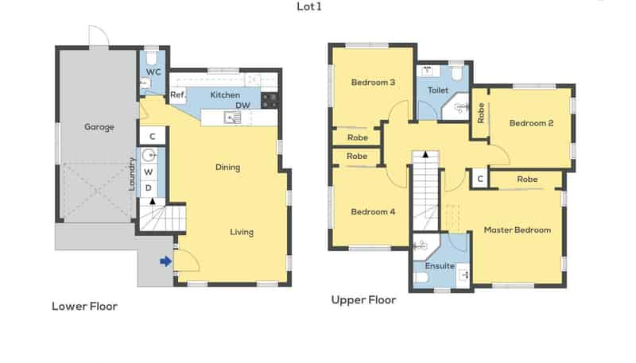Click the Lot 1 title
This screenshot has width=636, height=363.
click(x=309, y=7)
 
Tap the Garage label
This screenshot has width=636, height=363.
click(x=99, y=126)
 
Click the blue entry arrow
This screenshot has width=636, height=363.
click(x=165, y=261)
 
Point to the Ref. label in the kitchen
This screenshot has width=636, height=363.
click(x=177, y=95)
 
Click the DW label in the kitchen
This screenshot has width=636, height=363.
click(x=242, y=105)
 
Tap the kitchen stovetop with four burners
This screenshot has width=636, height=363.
click(x=270, y=100)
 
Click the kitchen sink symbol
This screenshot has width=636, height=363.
click(x=232, y=118)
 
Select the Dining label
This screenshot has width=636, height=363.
click(x=227, y=167)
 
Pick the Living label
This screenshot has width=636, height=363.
click(x=242, y=232)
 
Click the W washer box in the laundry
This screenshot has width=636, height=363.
click(x=149, y=172)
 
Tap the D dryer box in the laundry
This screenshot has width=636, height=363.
click(x=149, y=188)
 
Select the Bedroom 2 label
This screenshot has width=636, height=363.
click(x=531, y=123)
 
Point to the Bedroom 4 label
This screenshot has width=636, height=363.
click(x=373, y=211)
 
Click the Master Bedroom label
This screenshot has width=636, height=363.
click(x=517, y=230)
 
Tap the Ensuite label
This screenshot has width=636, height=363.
click(x=440, y=265)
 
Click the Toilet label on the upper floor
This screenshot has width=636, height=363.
click(x=437, y=91)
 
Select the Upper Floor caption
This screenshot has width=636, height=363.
click(x=363, y=300)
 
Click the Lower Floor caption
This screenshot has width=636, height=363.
click(x=84, y=306)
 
